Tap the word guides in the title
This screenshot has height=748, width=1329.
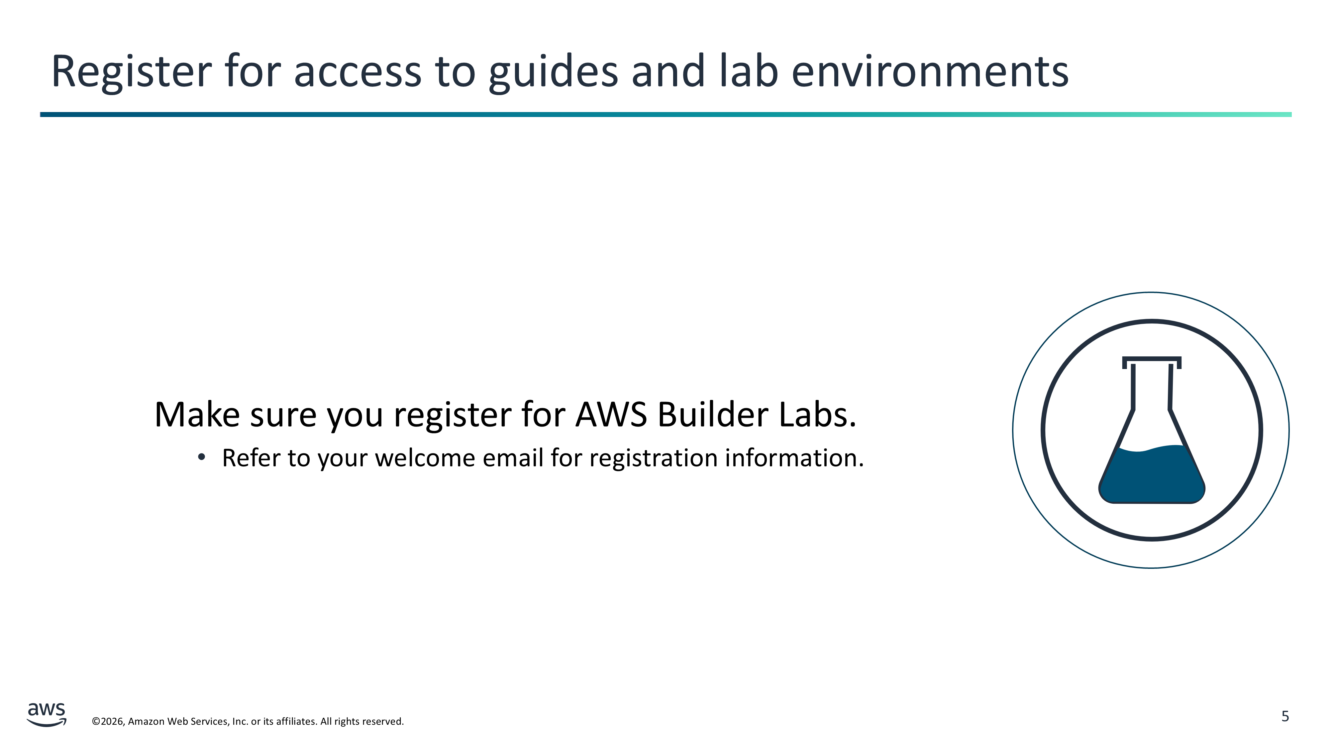[x=553, y=72]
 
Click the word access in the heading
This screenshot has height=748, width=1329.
[x=358, y=72]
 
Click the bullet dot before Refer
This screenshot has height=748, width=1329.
[x=202, y=457]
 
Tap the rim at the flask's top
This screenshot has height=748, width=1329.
[x=1152, y=359]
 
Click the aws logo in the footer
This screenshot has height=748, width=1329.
[x=47, y=714]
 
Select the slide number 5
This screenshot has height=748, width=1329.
[x=1285, y=716]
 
